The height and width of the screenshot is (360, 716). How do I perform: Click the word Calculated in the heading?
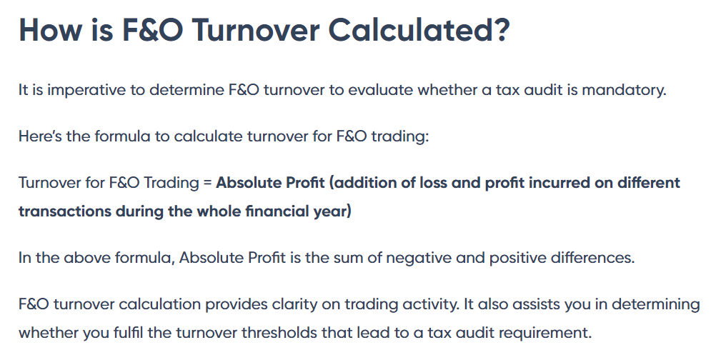click(x=419, y=30)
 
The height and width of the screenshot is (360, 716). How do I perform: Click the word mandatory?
click(x=624, y=90)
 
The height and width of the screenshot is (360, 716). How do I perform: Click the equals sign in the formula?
click(x=208, y=183)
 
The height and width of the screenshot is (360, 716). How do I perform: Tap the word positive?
click(x=517, y=258)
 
